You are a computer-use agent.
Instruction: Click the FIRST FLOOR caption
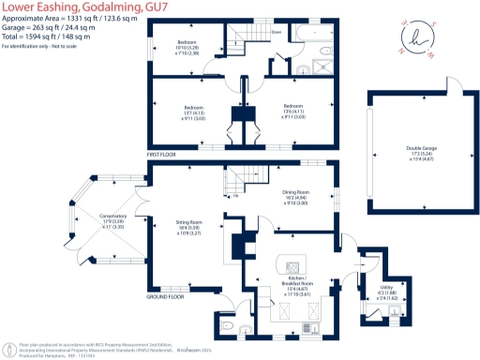[162, 153]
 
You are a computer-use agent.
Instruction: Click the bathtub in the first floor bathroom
[314, 34]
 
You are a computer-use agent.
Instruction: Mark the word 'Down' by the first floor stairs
[277, 32]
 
